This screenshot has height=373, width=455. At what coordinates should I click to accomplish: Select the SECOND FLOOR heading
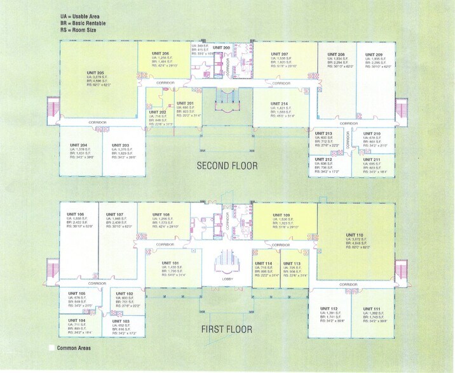(x=227, y=166)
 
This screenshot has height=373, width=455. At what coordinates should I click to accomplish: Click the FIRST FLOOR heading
(x=227, y=329)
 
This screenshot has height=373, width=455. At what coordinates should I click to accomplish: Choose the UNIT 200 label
(x=222, y=48)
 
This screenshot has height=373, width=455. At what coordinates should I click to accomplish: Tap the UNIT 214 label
(x=279, y=103)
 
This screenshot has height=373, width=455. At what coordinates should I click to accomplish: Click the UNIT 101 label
(x=170, y=263)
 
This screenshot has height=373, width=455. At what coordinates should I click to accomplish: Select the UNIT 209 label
(x=374, y=55)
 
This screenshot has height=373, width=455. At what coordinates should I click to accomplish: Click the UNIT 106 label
(x=75, y=214)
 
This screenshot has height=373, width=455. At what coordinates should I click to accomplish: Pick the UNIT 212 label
(x=324, y=159)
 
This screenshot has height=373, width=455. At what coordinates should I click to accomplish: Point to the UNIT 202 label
(x=159, y=112)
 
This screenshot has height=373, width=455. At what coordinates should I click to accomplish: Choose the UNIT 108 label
(x=161, y=214)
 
